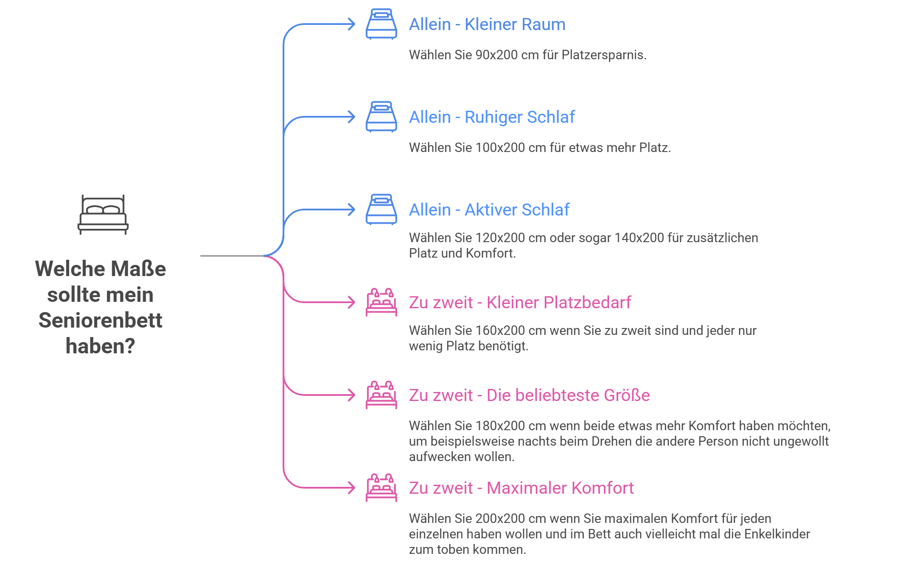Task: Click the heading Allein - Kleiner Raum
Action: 487,24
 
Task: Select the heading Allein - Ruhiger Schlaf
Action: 491,117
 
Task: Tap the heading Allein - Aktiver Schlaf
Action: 489,210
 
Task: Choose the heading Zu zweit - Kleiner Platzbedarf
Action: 520,303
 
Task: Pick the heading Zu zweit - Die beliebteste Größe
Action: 529,395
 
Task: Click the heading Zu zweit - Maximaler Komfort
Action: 521,488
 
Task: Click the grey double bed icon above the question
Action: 103,215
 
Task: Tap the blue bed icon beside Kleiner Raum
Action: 381,24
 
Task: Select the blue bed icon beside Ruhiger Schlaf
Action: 381,117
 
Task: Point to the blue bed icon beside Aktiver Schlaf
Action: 381,210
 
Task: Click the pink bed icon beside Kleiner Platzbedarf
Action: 381,302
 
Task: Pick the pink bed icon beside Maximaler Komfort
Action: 381,488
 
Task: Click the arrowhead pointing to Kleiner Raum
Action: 352,24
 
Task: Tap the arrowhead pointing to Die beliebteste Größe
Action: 352,395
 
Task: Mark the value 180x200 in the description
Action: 500,426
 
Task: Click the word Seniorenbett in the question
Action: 101,320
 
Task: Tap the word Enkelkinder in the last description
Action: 777,534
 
